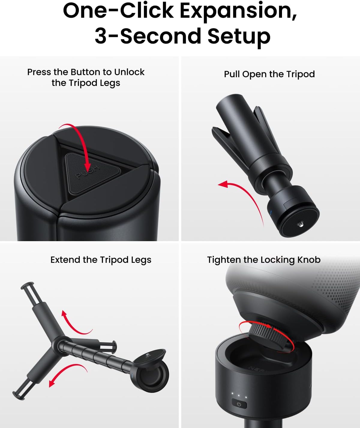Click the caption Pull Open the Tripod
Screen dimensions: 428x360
[269, 74]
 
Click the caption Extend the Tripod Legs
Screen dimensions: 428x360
[101, 260]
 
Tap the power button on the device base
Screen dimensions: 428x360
[239, 404]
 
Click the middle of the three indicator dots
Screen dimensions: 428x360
[239, 394]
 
